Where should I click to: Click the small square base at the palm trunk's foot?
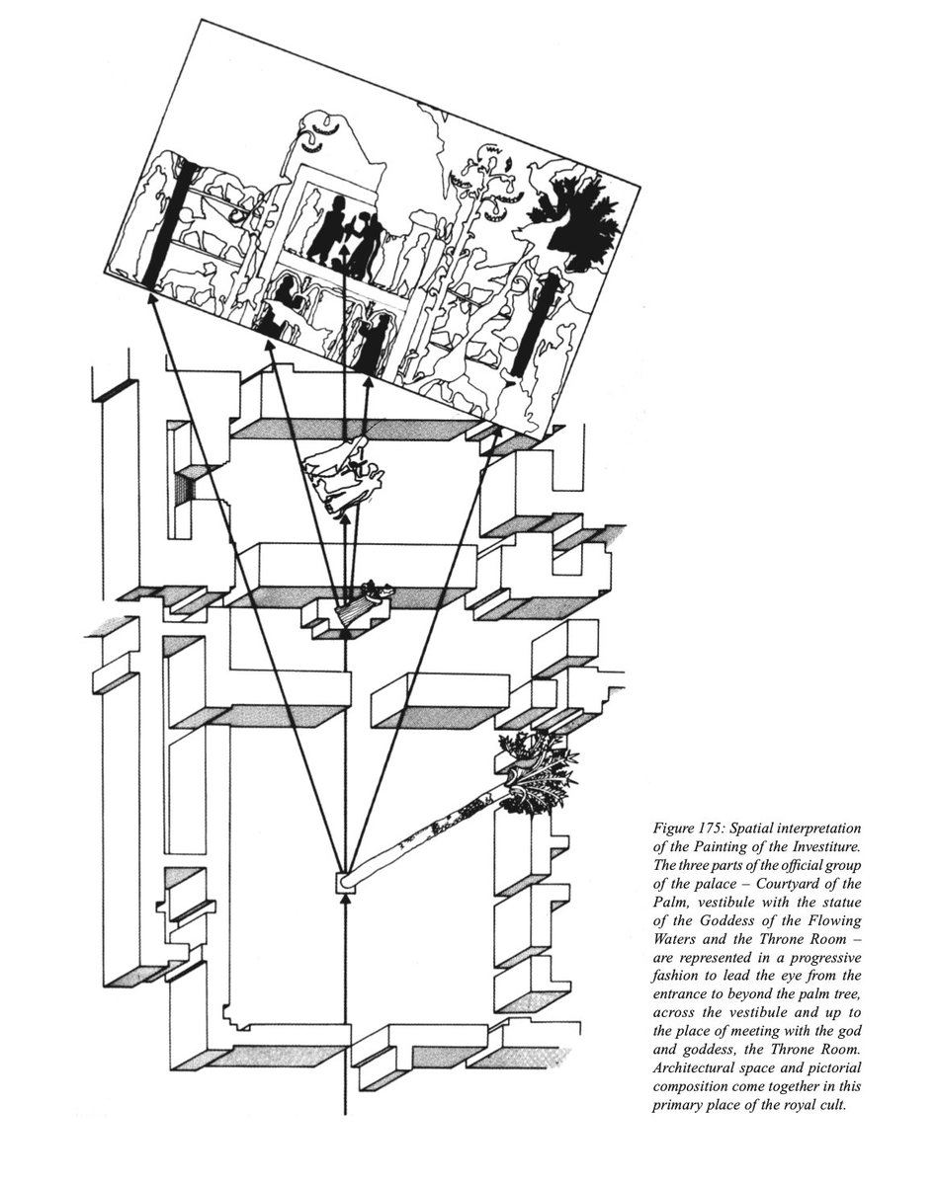pyautogui.click(x=345, y=882)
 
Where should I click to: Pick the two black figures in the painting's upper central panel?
pyautogui.click(x=346, y=233)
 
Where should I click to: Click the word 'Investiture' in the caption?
pyautogui.click(x=803, y=846)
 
